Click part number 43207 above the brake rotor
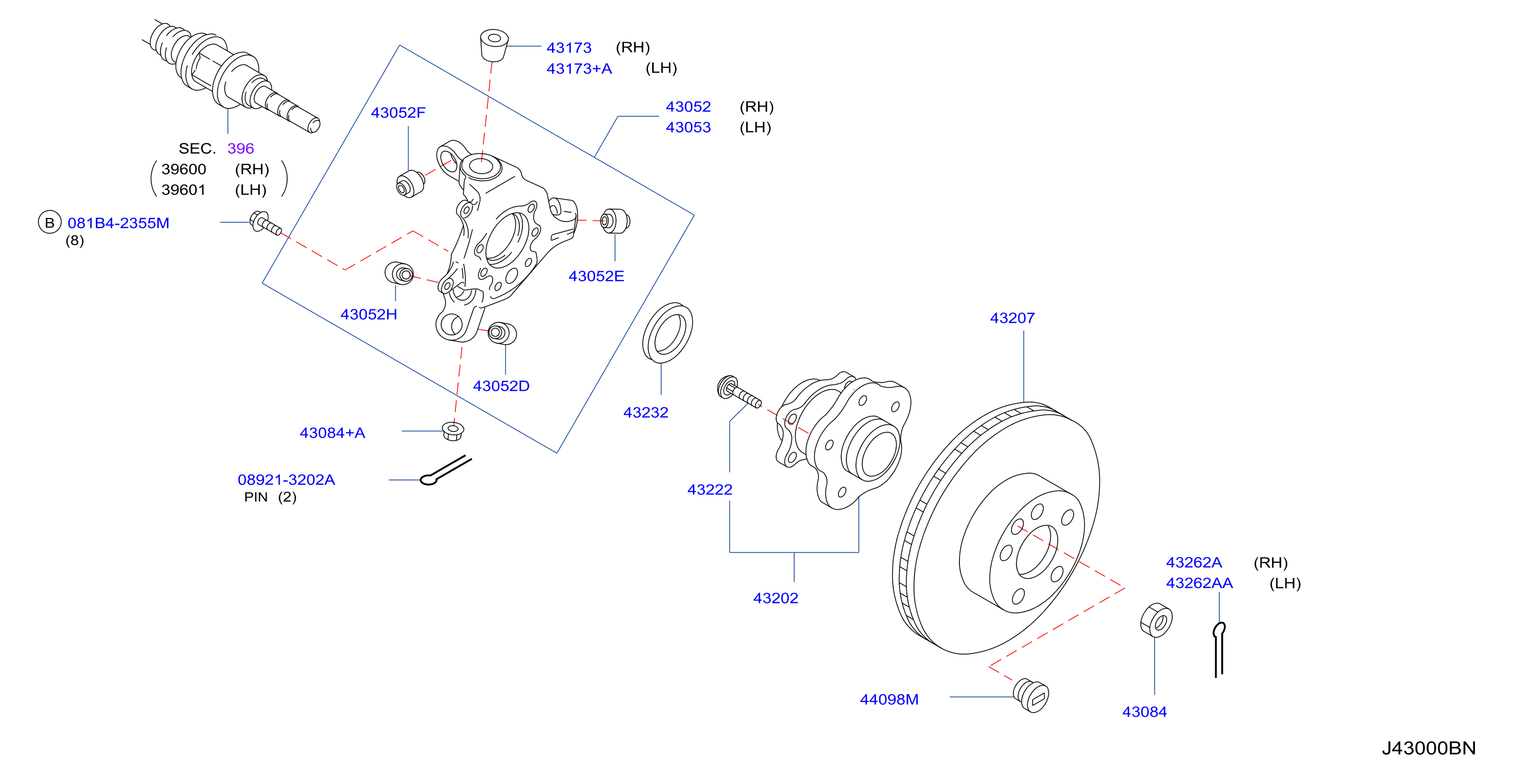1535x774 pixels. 1012,318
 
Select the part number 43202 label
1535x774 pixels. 775,598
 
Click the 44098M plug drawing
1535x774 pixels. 1031,695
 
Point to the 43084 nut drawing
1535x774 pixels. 1156,620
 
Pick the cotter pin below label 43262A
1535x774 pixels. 1219,649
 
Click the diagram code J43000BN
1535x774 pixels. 1429,748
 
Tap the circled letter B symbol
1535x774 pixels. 50,223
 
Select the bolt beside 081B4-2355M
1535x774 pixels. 265,223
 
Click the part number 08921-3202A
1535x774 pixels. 286,480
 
